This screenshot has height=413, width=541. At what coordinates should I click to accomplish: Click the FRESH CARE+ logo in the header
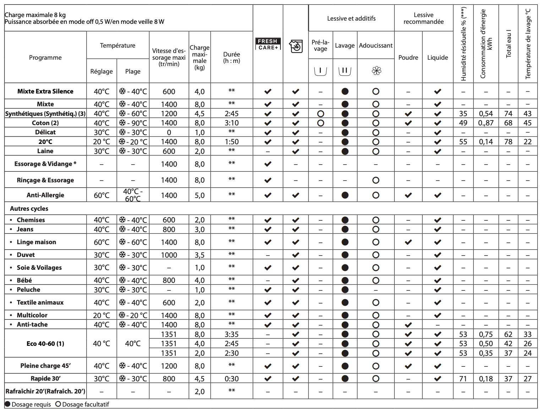click(x=268, y=44)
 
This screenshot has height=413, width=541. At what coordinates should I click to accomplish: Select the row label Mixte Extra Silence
click(x=45, y=91)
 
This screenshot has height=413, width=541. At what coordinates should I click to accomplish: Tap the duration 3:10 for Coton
click(x=231, y=123)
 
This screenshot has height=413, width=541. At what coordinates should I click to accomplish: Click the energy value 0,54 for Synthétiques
click(x=486, y=114)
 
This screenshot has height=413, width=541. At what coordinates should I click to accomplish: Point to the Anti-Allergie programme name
click(x=45, y=195)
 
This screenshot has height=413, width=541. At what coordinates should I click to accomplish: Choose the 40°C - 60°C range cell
click(x=133, y=195)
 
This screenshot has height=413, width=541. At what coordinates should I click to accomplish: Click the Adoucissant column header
click(x=376, y=45)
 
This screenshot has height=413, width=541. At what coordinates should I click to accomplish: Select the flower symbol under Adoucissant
click(x=376, y=71)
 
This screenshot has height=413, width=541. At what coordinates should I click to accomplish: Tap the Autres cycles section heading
click(x=29, y=209)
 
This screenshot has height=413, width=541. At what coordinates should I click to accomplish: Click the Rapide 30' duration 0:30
click(x=231, y=379)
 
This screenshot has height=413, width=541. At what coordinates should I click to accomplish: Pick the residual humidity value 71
click(x=463, y=379)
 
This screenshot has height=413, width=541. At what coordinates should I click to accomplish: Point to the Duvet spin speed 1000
click(x=169, y=255)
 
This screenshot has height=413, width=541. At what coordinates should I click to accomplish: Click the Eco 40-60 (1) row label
click(x=45, y=344)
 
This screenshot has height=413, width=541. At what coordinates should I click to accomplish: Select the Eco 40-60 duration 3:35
click(x=231, y=334)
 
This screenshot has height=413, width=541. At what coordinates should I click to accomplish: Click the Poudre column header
click(x=408, y=58)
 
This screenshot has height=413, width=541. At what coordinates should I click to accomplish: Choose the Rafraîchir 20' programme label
click(x=45, y=392)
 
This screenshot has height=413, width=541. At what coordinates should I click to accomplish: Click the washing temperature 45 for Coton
click(x=528, y=123)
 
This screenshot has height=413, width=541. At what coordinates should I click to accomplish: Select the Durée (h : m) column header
click(x=231, y=58)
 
